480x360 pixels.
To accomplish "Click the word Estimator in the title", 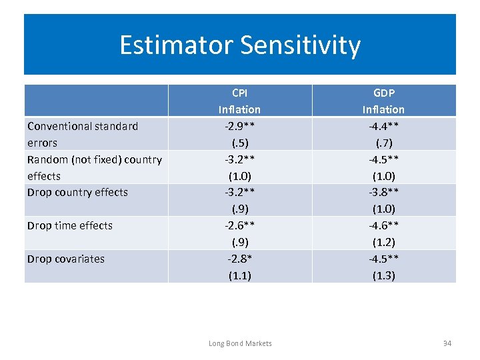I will pyautogui.click(x=175, y=45).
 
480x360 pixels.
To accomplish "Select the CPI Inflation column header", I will pyautogui.click(x=239, y=101).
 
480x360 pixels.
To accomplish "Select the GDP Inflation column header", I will pyautogui.click(x=383, y=101).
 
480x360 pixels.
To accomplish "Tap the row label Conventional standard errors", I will pyautogui.click(x=83, y=134).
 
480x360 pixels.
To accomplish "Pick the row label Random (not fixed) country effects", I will pyautogui.click(x=94, y=167).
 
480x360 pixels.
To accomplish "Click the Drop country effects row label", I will pyautogui.click(x=77, y=192).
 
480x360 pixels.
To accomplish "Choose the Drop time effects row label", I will pyautogui.click(x=70, y=225).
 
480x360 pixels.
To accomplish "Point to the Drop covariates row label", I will pyautogui.click(x=66, y=259).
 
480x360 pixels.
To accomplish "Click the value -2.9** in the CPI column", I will pyautogui.click(x=239, y=126).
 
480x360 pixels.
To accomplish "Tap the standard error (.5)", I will pyautogui.click(x=239, y=143).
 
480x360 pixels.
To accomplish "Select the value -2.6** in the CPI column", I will pyautogui.click(x=239, y=225).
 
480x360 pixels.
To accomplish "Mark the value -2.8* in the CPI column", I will pyautogui.click(x=239, y=259).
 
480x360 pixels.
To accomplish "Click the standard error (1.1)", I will pyautogui.click(x=239, y=275).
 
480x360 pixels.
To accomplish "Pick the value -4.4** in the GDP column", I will pyautogui.click(x=383, y=126).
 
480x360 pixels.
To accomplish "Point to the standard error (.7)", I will pyautogui.click(x=383, y=143).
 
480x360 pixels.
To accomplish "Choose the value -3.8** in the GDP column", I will pyautogui.click(x=383, y=192).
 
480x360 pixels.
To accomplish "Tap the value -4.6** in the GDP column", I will pyautogui.click(x=383, y=225).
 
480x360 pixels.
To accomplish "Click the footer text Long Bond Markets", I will pyautogui.click(x=240, y=343).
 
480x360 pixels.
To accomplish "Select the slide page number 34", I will pyautogui.click(x=447, y=343).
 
